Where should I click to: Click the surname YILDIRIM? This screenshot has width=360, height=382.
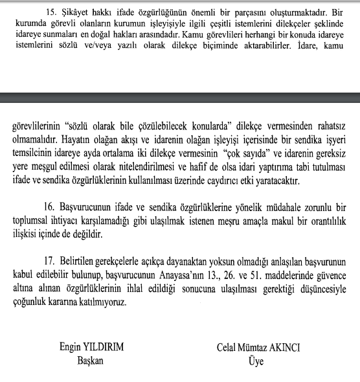click(x=101, y=348)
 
